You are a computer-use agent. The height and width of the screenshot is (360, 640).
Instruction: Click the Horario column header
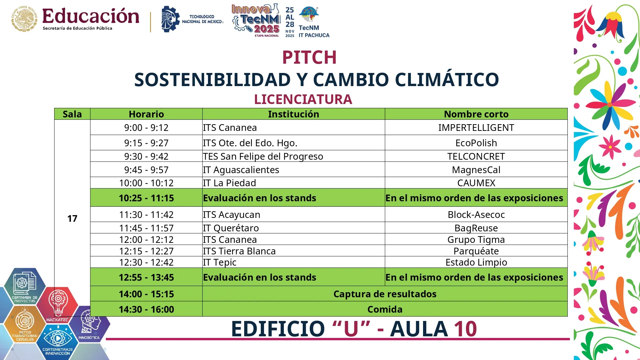click(x=146, y=114)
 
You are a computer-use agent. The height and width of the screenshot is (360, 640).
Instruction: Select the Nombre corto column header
click(x=476, y=114)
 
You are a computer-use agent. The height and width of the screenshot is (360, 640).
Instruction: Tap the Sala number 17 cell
click(x=72, y=219)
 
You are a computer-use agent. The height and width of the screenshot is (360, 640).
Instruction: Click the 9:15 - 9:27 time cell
click(x=146, y=143)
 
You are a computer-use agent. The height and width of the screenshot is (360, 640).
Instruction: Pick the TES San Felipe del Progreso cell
click(x=263, y=156)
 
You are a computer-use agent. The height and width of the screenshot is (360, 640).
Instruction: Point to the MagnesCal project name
click(x=476, y=170)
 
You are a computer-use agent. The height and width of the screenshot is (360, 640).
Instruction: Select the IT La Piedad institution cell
click(x=229, y=183)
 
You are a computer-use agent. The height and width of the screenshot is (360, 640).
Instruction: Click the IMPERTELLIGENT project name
click(x=476, y=127)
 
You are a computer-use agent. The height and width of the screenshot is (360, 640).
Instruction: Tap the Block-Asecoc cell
click(x=476, y=214)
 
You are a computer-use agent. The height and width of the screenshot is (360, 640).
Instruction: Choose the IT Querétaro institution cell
click(x=231, y=228)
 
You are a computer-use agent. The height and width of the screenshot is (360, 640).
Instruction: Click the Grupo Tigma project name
click(x=476, y=239)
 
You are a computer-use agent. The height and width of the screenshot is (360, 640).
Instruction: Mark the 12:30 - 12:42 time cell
click(x=146, y=262)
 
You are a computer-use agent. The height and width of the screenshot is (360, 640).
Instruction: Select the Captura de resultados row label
click(x=385, y=294)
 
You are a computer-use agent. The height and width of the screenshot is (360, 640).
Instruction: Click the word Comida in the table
click(x=385, y=309)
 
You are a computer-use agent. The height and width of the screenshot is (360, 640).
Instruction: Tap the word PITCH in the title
click(x=309, y=57)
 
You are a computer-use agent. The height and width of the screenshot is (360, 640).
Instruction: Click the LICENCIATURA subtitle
click(x=303, y=99)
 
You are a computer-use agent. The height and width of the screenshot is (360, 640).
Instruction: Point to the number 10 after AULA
click(x=465, y=329)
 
